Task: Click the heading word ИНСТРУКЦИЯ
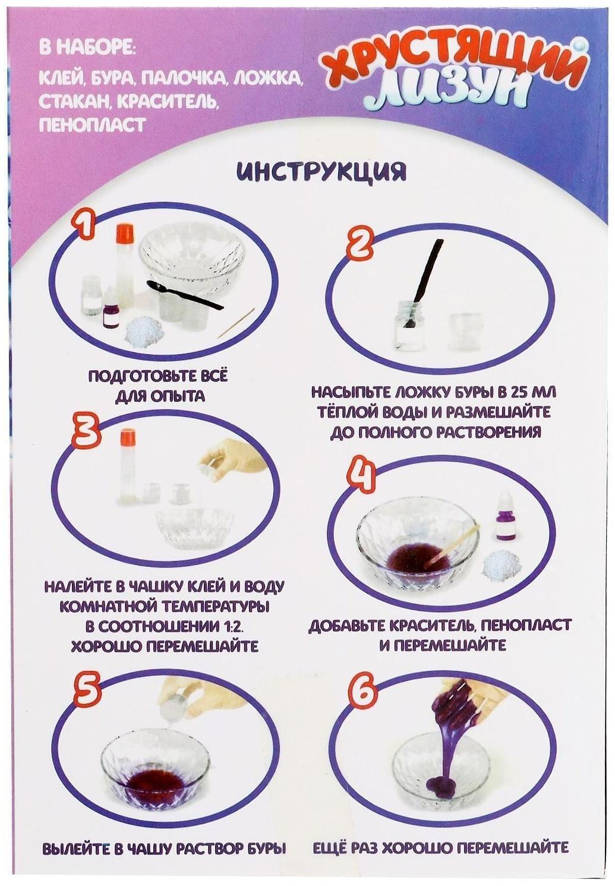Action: [x=321, y=171]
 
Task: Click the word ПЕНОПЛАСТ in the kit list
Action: [x=92, y=125]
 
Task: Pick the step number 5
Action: [x=86, y=692]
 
